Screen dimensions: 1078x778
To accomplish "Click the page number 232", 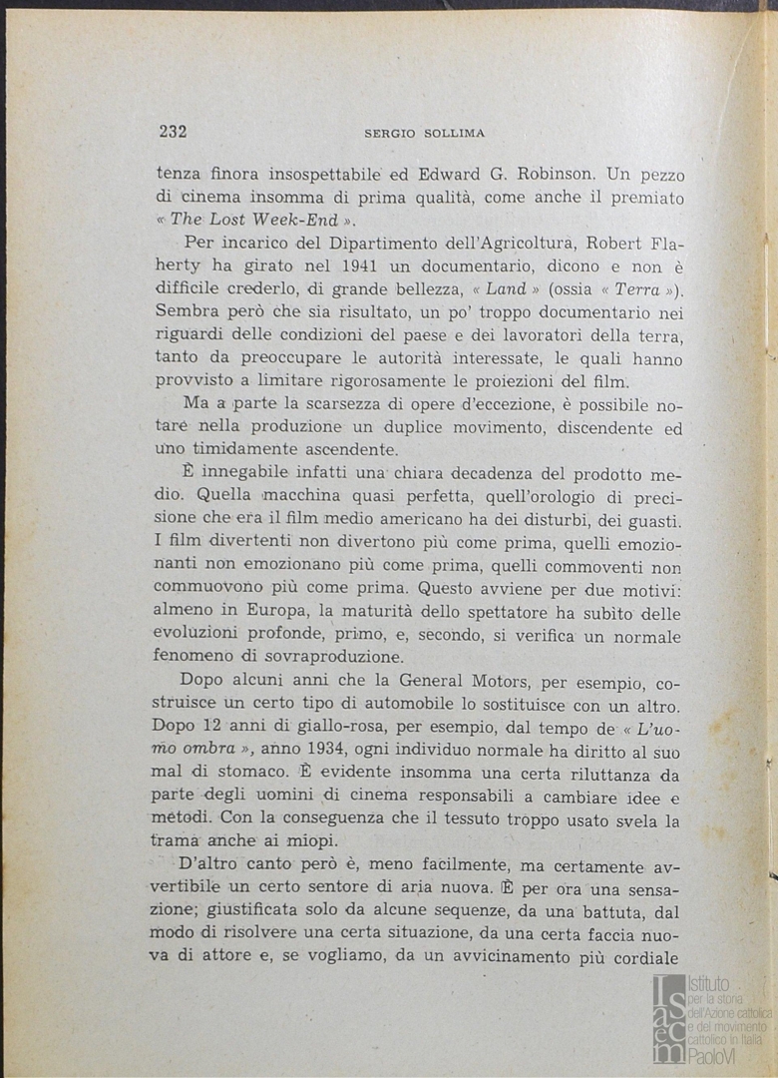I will click(x=174, y=132).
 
